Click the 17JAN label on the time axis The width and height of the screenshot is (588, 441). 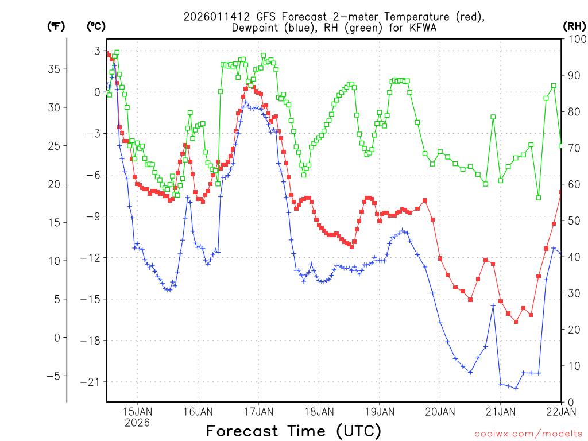pos(258,411)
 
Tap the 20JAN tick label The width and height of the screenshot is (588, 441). pos(440,411)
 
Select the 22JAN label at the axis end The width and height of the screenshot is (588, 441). pos(560,411)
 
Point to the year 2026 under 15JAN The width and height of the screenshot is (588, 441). pos(137,423)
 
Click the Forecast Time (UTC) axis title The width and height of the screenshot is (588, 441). pos(293,431)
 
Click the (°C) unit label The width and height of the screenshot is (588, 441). pos(96,26)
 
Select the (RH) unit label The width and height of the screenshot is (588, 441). pos(574,26)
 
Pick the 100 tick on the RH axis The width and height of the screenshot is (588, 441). pos(574,39)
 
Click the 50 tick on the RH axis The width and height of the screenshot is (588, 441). pos(572,220)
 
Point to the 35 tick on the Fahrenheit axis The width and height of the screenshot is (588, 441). pos(57,69)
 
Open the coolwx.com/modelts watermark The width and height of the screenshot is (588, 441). pos(528,433)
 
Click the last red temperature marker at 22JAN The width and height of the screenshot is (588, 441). pos(561,192)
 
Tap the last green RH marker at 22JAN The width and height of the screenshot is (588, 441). pos(561,145)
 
